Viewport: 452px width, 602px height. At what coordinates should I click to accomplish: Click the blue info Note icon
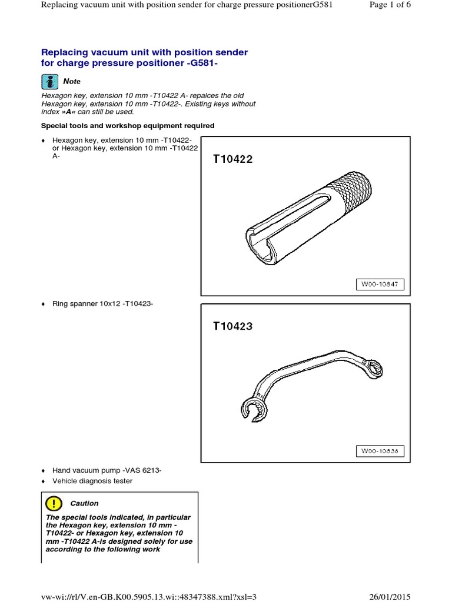51,81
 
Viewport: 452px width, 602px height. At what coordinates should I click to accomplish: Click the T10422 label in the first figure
233,159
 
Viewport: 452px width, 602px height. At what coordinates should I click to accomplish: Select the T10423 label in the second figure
233,326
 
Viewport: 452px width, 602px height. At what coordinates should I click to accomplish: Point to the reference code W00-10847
380,284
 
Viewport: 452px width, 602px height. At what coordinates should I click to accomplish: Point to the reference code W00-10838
380,451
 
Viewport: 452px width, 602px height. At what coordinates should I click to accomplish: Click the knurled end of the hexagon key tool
352,192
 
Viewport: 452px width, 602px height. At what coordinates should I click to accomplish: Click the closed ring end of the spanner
373,369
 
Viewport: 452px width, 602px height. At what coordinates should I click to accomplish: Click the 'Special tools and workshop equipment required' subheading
128,125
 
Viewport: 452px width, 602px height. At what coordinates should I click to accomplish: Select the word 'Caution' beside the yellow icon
84,503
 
